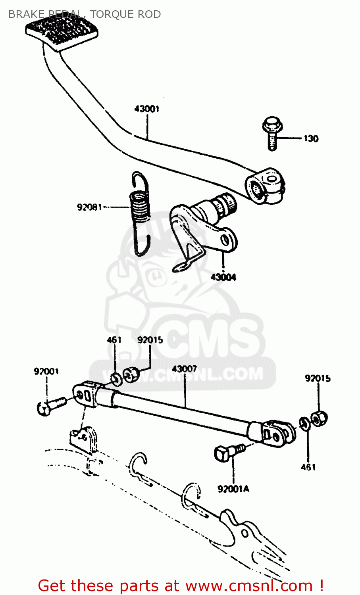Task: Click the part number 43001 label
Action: [x=146, y=109]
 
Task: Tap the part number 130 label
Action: [x=311, y=138]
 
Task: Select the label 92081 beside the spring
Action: [x=89, y=207]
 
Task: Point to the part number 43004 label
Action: [x=223, y=277]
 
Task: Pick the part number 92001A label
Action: [x=233, y=489]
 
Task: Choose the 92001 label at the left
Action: [x=46, y=371]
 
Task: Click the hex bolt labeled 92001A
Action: [x=228, y=453]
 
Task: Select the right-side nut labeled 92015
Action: [x=319, y=418]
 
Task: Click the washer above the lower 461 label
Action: [x=304, y=423]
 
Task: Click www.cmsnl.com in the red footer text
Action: [x=249, y=585]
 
